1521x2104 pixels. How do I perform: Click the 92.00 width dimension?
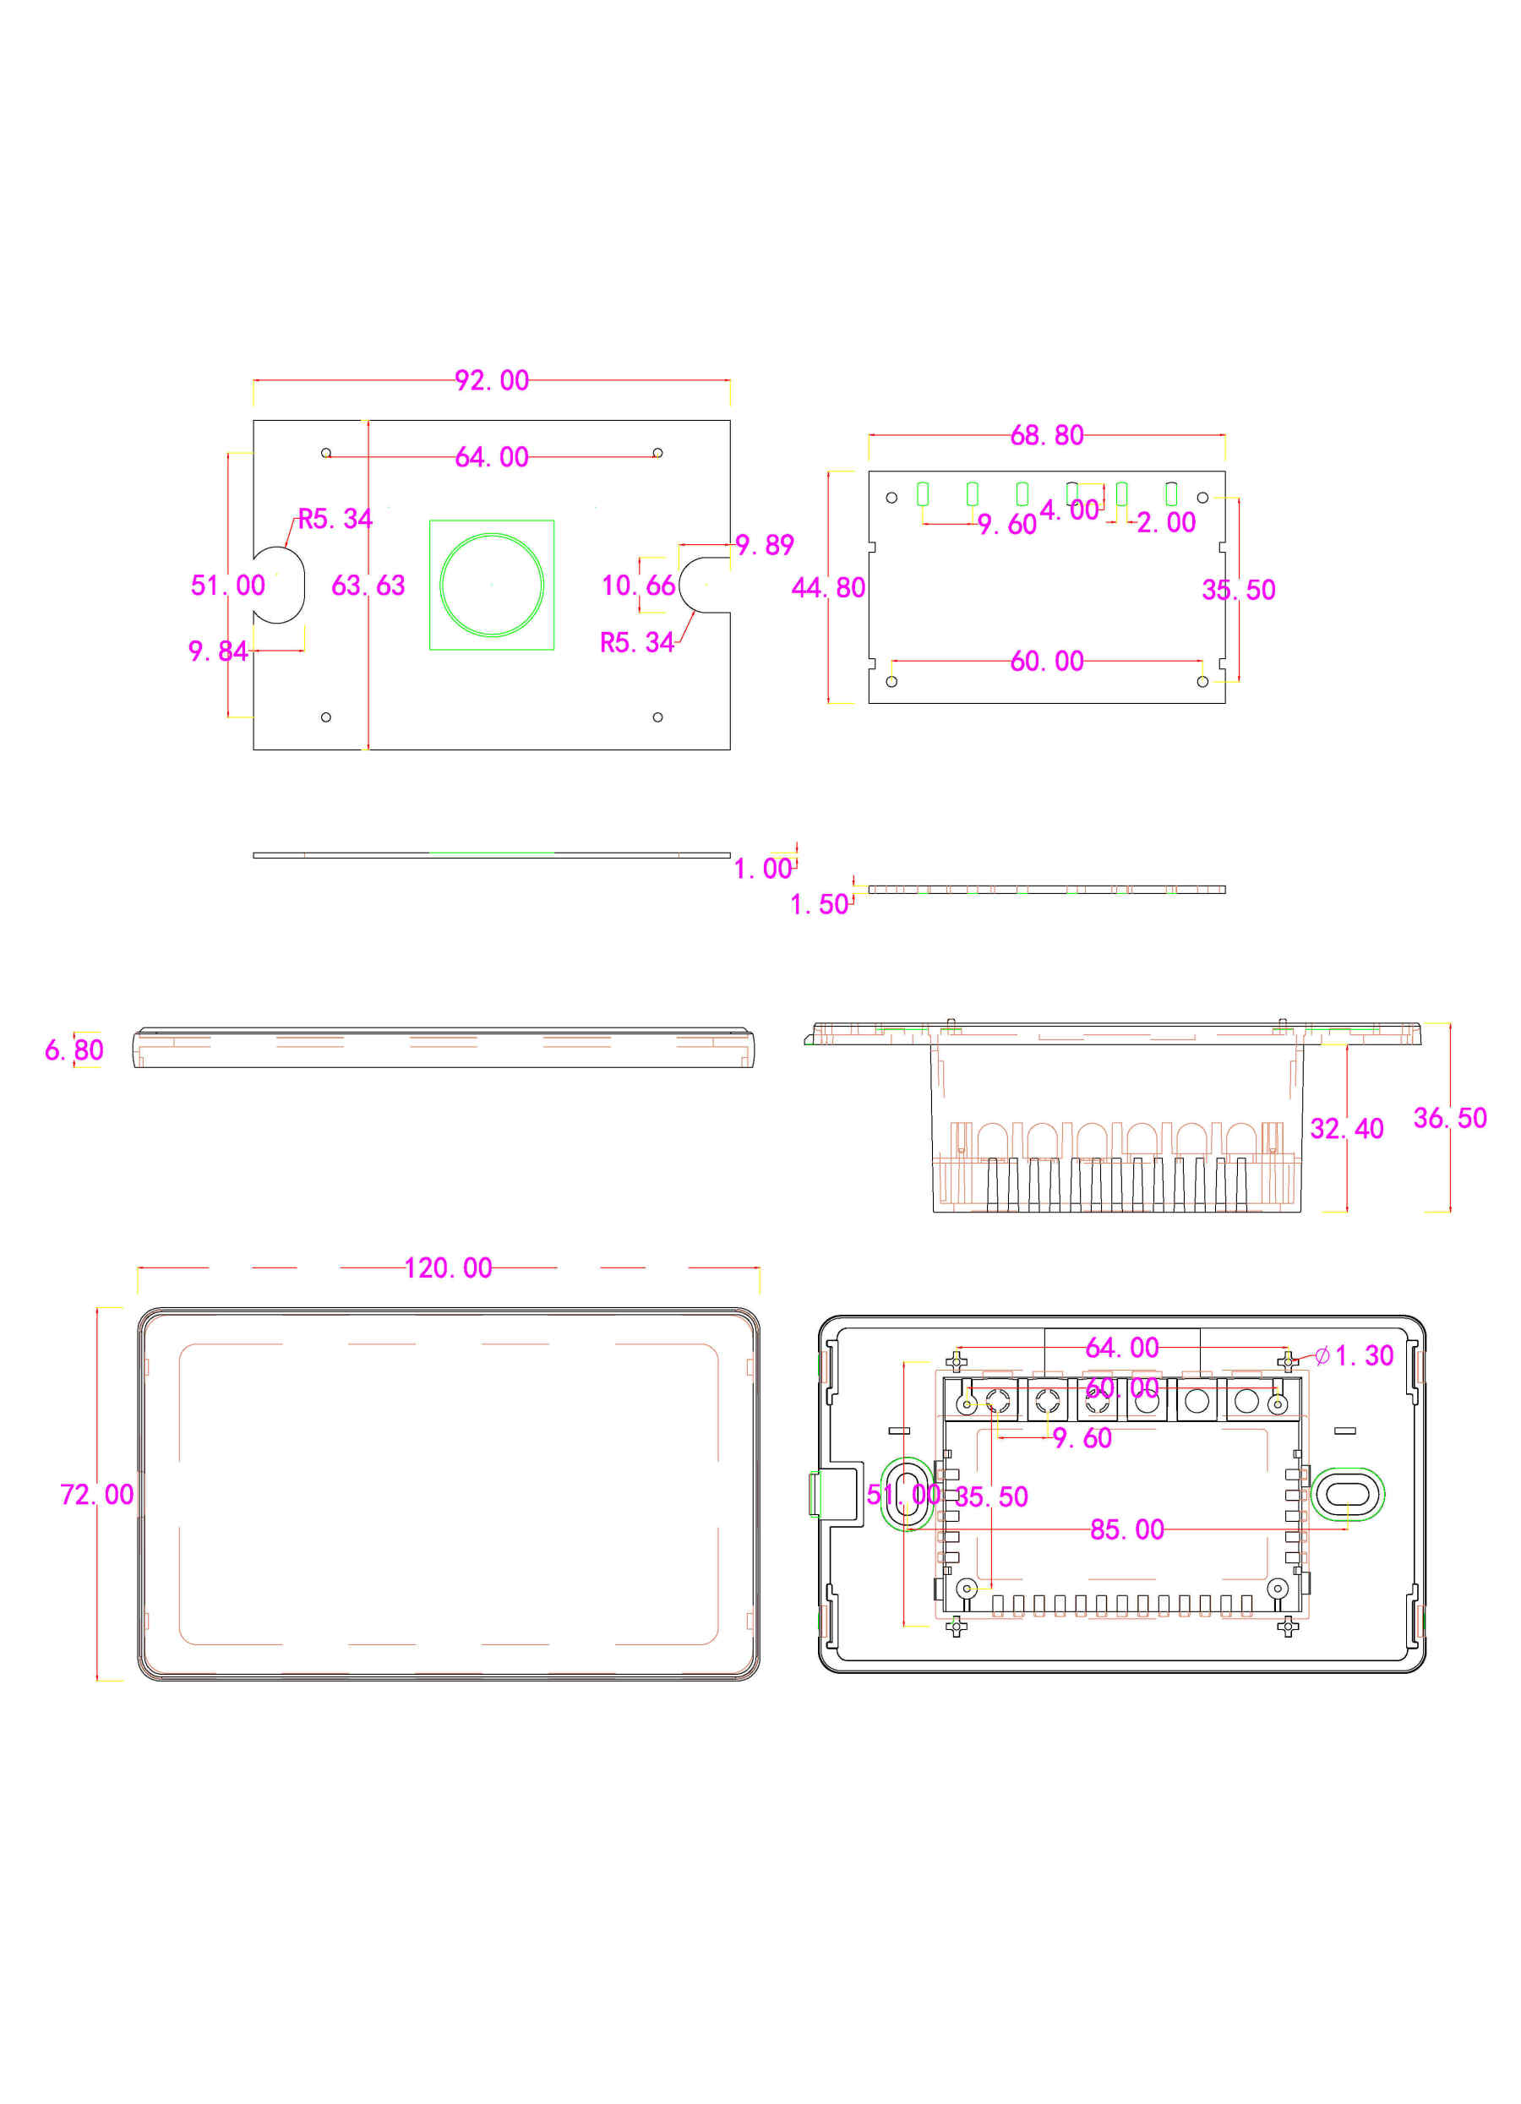pyautogui.click(x=491, y=380)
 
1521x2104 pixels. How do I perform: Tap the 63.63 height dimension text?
pyautogui.click(x=368, y=586)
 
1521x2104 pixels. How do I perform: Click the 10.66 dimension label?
pyautogui.click(x=637, y=586)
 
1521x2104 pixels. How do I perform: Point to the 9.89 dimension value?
pyautogui.click(x=763, y=544)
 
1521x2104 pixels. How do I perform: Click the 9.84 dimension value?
pyautogui.click(x=217, y=651)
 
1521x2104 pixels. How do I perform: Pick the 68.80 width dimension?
pyautogui.click(x=1045, y=435)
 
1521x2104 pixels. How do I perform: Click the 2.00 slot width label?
pyautogui.click(x=1165, y=522)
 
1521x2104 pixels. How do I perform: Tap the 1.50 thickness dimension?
pyautogui.click(x=818, y=904)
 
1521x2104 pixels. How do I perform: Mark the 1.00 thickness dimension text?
pyautogui.click(x=761, y=869)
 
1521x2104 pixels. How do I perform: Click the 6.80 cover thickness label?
pyautogui.click(x=74, y=1050)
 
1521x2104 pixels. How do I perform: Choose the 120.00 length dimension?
pyautogui.click(x=447, y=1268)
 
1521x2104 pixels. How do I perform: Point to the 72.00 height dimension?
pyautogui.click(x=96, y=1495)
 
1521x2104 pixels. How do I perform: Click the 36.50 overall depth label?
pyautogui.click(x=1448, y=1118)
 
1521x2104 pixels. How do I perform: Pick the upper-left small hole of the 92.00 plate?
pyautogui.click(x=325, y=453)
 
